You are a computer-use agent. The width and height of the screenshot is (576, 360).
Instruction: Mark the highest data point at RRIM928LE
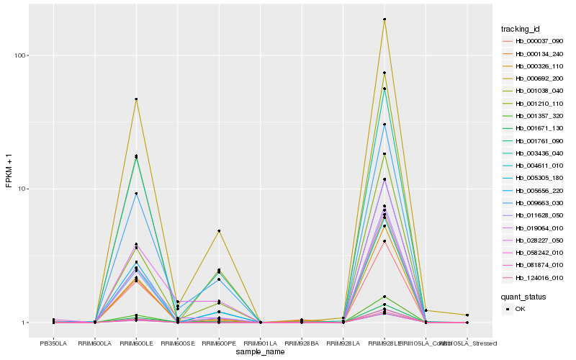pyautogui.click(x=384, y=19)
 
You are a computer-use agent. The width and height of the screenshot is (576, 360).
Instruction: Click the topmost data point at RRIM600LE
pyautogui.click(x=136, y=99)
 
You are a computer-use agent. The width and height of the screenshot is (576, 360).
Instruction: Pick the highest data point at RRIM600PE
pyautogui.click(x=219, y=231)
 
